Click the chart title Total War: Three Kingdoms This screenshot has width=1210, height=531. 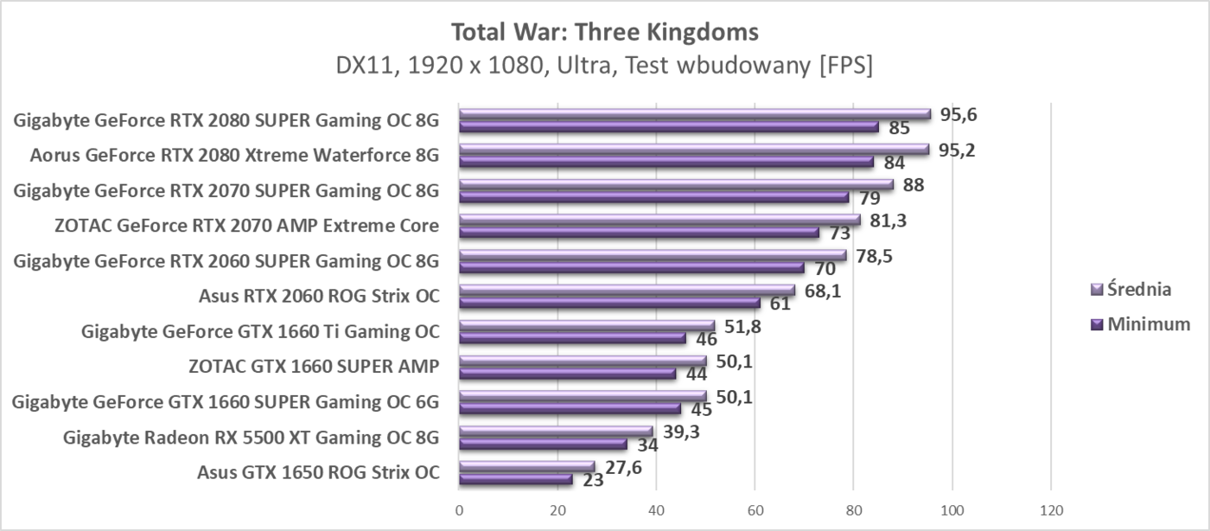(604, 32)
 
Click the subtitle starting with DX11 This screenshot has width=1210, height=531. (604, 66)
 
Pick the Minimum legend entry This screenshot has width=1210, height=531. (1142, 324)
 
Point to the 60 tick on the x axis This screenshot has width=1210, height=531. (755, 510)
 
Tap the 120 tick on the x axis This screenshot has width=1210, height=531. (1050, 510)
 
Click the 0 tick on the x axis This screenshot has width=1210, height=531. (459, 510)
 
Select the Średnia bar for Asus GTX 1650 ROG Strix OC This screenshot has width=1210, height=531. (526, 467)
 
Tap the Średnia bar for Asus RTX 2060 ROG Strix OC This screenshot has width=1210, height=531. (627, 290)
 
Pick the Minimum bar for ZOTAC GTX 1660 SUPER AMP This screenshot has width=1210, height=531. (567, 374)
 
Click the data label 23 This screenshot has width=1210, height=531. (594, 480)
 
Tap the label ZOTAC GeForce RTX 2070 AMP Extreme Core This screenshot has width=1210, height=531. (246, 227)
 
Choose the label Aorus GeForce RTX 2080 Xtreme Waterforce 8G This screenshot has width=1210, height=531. (234, 156)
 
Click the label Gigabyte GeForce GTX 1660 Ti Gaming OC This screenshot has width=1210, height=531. (259, 331)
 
